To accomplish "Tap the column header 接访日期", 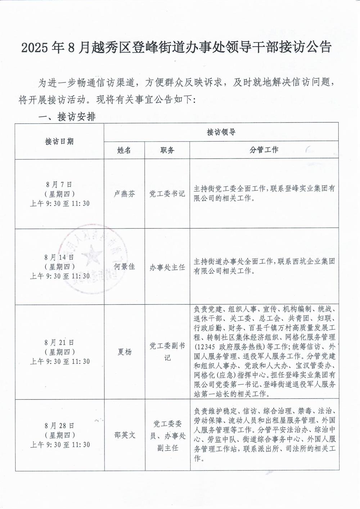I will [59, 141].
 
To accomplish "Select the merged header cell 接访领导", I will [221, 132].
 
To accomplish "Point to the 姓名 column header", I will [124, 150].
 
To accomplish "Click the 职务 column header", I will [167, 150].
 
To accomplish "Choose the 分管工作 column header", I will [264, 150].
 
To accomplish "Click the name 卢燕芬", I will [124, 194].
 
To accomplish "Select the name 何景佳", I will [124, 267].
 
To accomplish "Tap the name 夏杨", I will [124, 352].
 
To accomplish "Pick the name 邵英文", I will [124, 435].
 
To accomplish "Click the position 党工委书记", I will [167, 194].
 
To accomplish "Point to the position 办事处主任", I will [167, 267].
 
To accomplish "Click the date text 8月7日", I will [59, 185].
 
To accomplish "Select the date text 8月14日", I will [59, 257].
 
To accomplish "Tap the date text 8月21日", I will [59, 342].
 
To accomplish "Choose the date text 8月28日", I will [59, 425].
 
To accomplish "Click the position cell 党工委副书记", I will [167, 352].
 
